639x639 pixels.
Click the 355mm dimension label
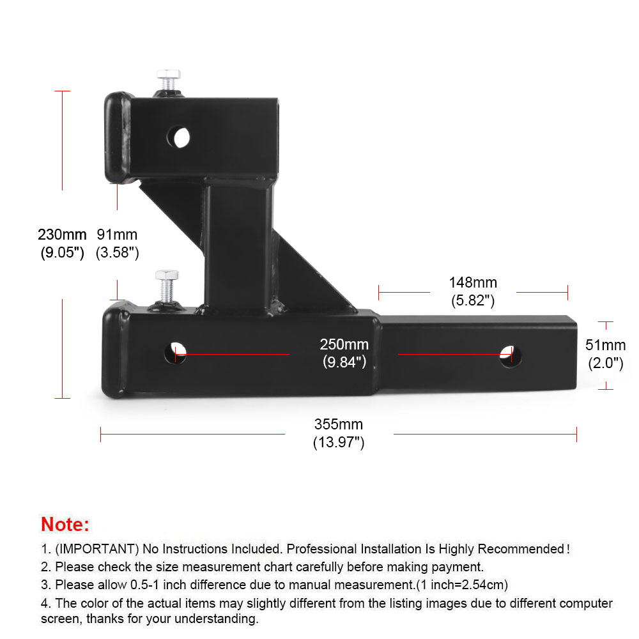click(x=338, y=424)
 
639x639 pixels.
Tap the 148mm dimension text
click(x=472, y=282)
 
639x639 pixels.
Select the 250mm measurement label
click(x=344, y=345)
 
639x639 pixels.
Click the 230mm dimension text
click(x=62, y=235)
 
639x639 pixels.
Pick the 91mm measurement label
click(x=117, y=235)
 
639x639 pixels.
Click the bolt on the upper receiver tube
click(x=167, y=80)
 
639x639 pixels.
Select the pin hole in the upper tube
click(x=180, y=135)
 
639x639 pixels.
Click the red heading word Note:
click(x=65, y=525)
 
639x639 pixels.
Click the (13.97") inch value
click(x=338, y=442)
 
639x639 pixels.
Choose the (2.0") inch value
click(x=605, y=364)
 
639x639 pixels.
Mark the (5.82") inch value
click(x=472, y=300)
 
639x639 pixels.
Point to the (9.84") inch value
click(x=344, y=362)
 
